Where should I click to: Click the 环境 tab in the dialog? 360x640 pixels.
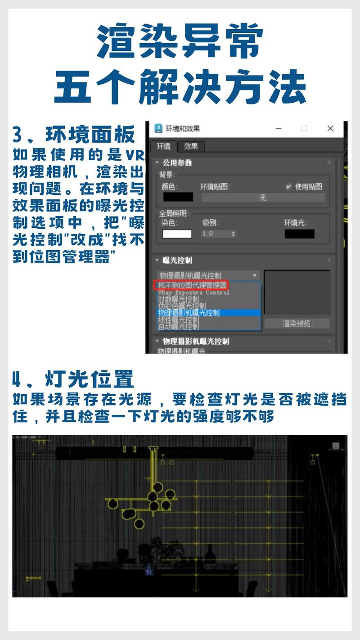pyautogui.click(x=163, y=146)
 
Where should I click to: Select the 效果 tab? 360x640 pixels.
pyautogui.click(x=191, y=146)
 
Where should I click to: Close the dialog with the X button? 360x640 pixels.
pyautogui.click(x=330, y=129)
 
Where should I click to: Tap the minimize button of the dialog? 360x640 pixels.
pyautogui.click(x=279, y=129)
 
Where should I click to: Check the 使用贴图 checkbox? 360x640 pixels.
pyautogui.click(x=288, y=186)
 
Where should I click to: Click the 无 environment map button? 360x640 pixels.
pyautogui.click(x=263, y=198)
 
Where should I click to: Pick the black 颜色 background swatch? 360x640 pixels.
pyautogui.click(x=178, y=197)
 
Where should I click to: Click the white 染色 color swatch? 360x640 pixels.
pyautogui.click(x=177, y=234)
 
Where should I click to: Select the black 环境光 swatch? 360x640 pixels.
pyautogui.click(x=299, y=234)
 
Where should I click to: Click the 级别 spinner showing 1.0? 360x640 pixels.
pyautogui.click(x=218, y=234)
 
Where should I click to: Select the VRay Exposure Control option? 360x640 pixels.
pyautogui.click(x=193, y=292)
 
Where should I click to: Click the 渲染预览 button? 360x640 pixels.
pyautogui.click(x=297, y=324)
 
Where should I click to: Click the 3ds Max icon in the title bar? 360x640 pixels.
pyautogui.click(x=158, y=129)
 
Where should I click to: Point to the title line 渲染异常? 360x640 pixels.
pyautogui.click(x=180, y=41)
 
